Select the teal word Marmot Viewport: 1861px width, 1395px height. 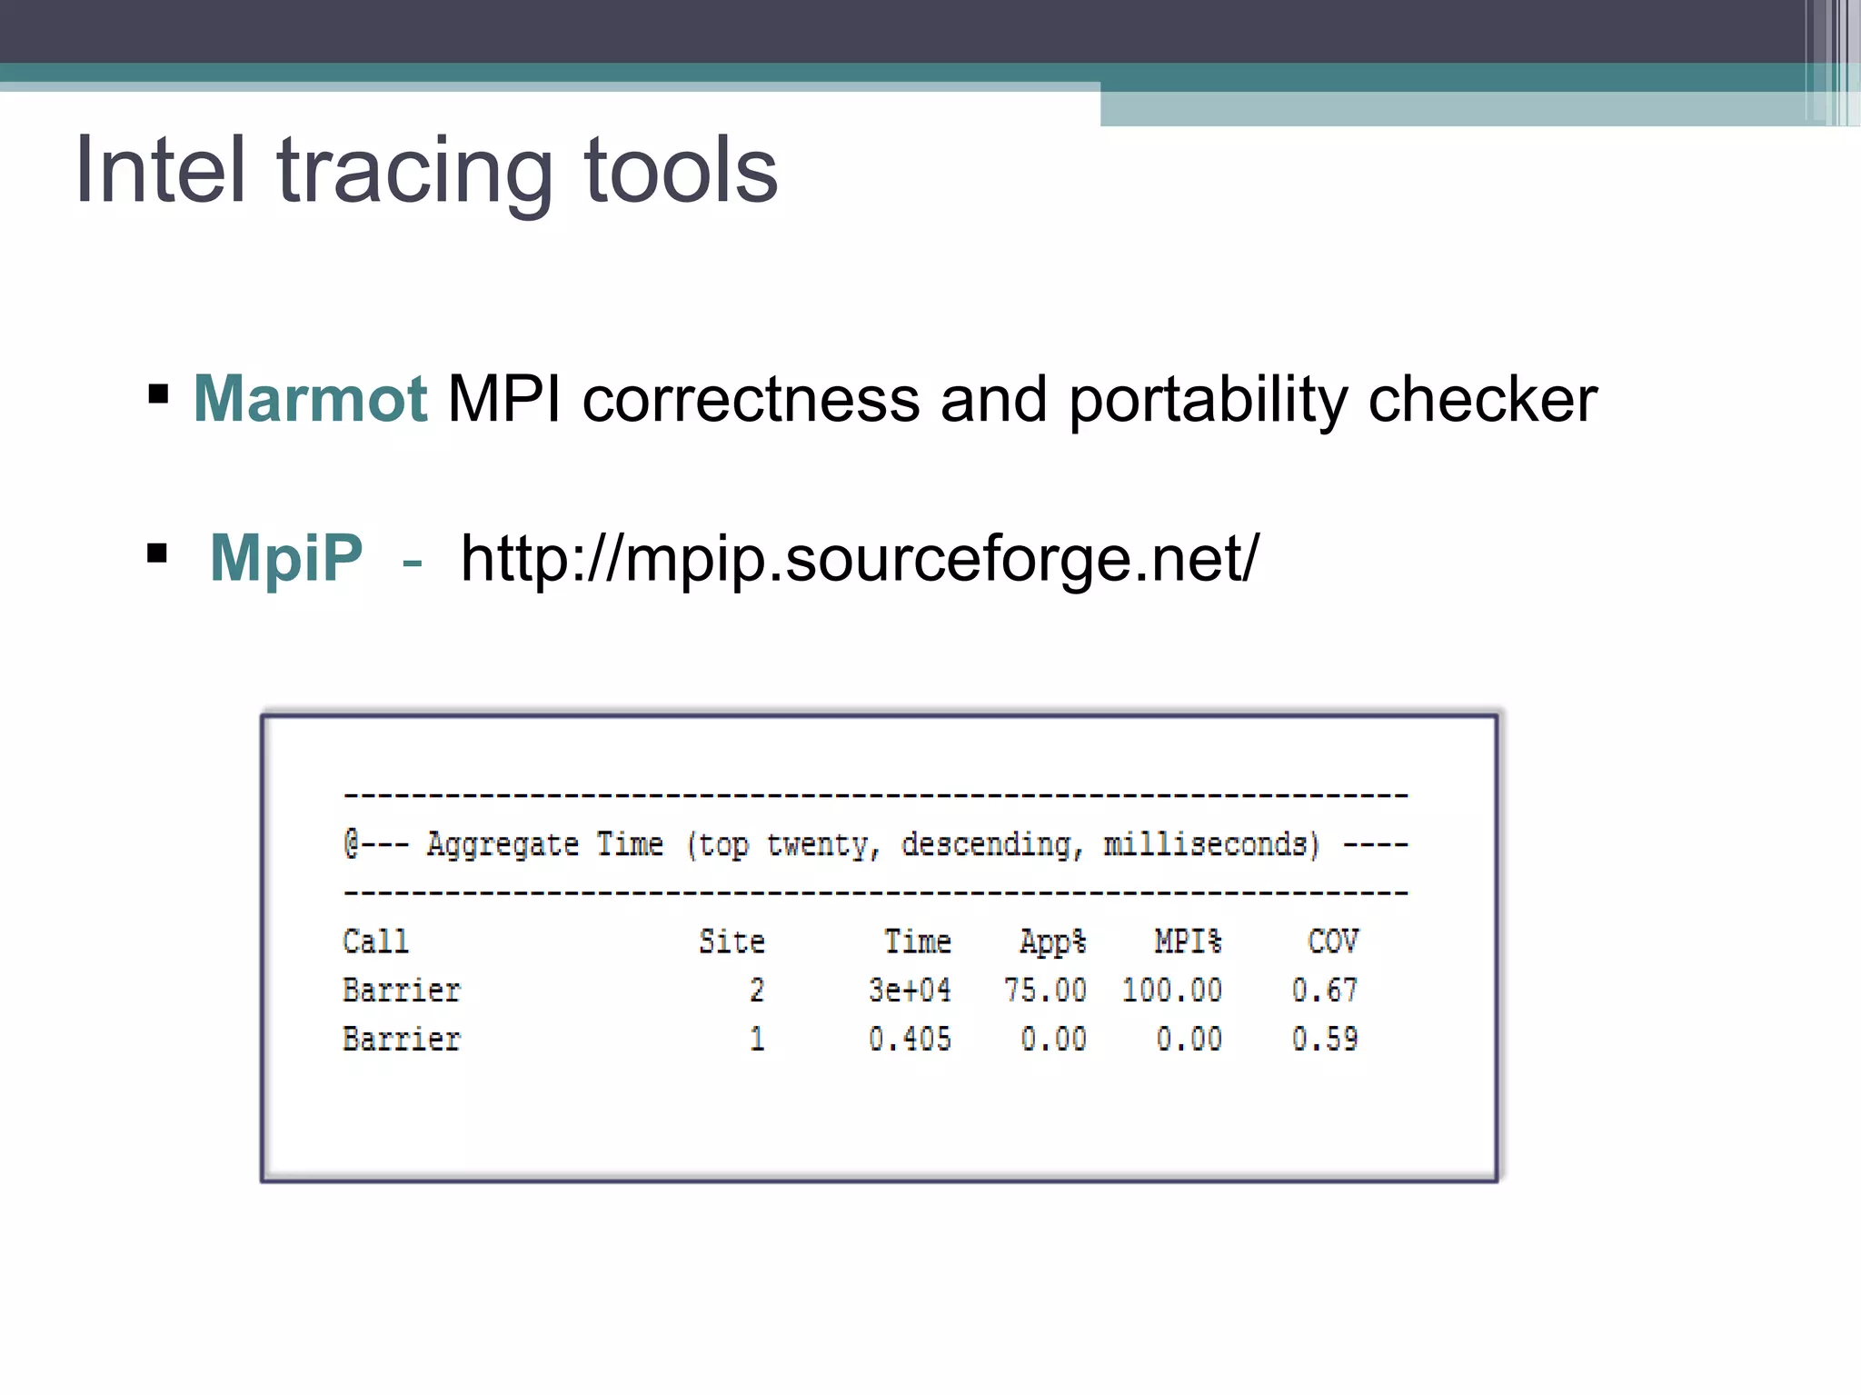[310, 399]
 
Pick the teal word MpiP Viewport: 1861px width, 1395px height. [286, 558]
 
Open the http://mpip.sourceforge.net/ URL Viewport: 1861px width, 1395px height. [859, 558]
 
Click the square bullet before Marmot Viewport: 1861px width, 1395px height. [158, 394]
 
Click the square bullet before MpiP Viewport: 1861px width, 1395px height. [157, 553]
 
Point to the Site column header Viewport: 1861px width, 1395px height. [731, 942]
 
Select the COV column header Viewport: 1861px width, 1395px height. [1332, 942]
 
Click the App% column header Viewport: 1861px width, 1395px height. [1052, 942]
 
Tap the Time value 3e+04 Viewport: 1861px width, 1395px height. [910, 991]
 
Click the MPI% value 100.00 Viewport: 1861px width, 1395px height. [1171, 991]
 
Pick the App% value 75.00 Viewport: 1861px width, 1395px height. [1045, 991]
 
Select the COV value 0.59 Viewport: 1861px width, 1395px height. [1324, 1039]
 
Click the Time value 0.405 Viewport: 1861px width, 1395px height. [910, 1039]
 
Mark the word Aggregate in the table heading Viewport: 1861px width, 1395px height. [503, 845]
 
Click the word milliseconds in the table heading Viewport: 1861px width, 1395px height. [1209, 845]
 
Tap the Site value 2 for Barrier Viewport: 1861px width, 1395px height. [757, 991]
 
